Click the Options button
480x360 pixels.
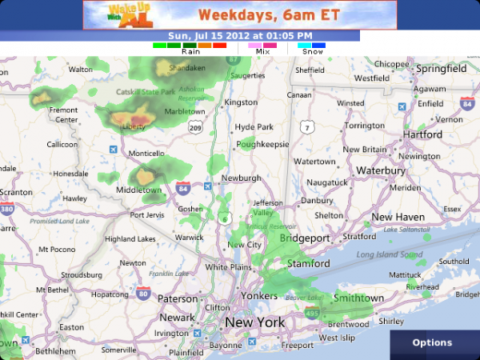[x=432, y=342]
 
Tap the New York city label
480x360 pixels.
[x=254, y=322]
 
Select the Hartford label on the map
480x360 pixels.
[x=422, y=134]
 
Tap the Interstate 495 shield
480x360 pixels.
[x=310, y=313]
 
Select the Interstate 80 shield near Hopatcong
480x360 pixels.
[x=143, y=293]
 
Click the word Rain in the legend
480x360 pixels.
[x=191, y=51]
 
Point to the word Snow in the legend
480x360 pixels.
[x=312, y=51]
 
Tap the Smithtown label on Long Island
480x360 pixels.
[x=358, y=298]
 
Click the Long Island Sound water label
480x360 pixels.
[x=389, y=255]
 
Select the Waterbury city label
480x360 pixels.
[x=381, y=170]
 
